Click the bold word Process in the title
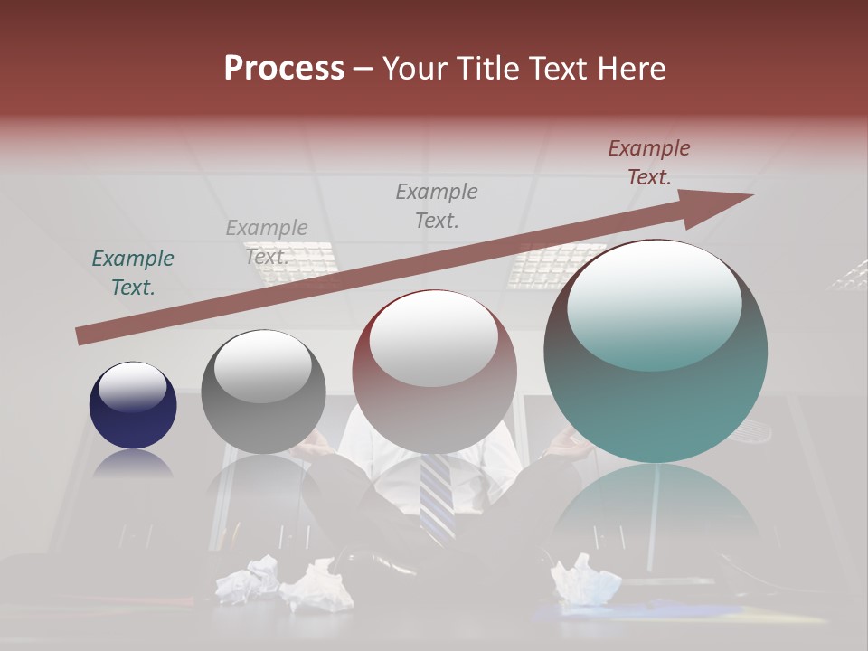(284, 69)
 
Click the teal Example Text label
(133, 273)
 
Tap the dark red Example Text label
(649, 163)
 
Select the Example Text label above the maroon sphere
(437, 205)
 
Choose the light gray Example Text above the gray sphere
(267, 241)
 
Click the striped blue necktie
(437, 493)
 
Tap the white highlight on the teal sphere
(655, 305)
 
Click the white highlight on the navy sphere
(133, 387)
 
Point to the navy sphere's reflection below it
(133, 464)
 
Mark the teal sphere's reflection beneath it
(656, 515)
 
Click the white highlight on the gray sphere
(263, 366)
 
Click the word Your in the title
(414, 69)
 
